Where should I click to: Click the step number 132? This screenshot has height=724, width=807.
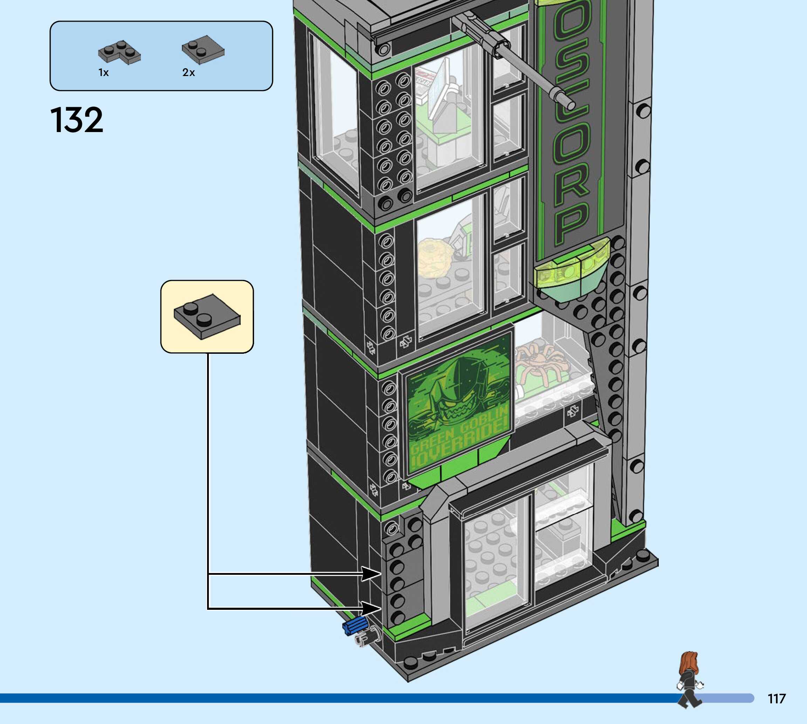point(76,120)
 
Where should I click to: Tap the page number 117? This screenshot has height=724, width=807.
point(777,698)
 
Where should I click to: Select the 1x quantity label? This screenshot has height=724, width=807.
point(103,73)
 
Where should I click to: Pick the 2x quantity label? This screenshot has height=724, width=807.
point(189,73)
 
